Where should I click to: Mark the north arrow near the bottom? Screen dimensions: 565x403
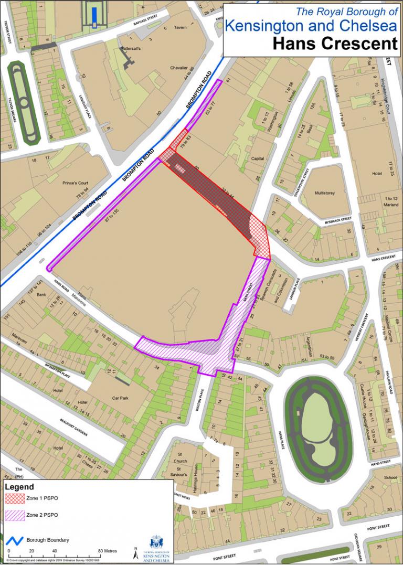pos(135,552)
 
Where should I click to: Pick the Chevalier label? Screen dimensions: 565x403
pos(178,68)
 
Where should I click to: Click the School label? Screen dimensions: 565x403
pos(390,477)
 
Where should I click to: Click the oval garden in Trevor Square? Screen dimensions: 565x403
pos(24,102)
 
